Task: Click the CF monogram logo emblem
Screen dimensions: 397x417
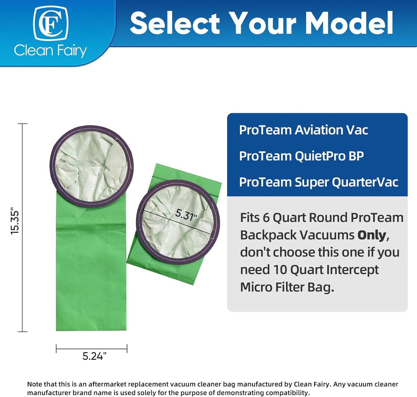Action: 51,23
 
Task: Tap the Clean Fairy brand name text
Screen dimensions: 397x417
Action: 50,51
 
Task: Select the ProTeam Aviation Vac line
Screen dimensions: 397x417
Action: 303,130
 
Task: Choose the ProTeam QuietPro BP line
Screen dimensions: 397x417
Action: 301,156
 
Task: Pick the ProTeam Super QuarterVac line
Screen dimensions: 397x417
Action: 319,182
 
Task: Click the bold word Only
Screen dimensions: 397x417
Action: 371,235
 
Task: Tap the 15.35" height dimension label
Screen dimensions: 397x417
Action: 15,221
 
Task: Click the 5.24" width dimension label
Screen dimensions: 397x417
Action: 94,356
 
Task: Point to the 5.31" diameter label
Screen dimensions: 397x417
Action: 186,215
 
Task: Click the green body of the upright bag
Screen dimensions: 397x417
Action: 91,274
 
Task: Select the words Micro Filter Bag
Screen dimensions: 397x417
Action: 287,287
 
